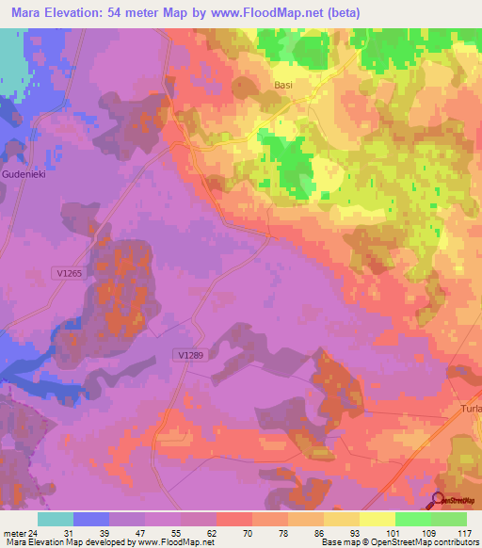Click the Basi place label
coord(283,84)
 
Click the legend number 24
coord(35,532)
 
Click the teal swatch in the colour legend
coord(56,519)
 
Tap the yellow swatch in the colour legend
coord(378,519)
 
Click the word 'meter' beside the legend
coord(13,532)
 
